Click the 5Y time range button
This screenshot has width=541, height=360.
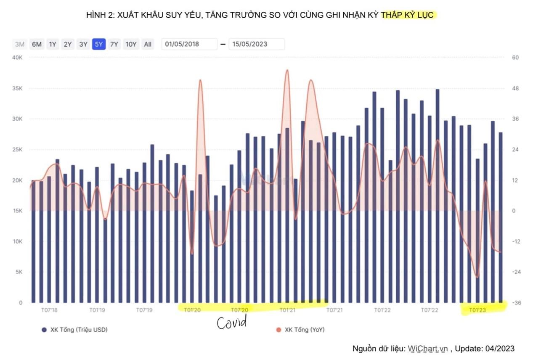(x=99, y=44)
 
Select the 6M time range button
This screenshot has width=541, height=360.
(x=37, y=44)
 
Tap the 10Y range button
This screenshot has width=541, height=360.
(x=131, y=44)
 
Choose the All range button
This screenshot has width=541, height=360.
(x=148, y=44)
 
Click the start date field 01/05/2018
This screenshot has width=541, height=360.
(x=189, y=44)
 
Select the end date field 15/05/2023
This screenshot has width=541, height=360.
(x=256, y=44)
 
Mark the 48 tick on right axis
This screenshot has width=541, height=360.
(x=516, y=88)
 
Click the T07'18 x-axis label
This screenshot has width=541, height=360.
(x=49, y=310)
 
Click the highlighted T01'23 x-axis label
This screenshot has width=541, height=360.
(x=477, y=310)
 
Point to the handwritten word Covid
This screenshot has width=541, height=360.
(x=231, y=323)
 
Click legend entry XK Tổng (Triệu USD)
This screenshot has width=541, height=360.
(x=74, y=330)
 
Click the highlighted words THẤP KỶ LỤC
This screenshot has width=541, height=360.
(x=408, y=16)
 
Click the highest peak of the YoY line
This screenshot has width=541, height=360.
(x=287, y=70)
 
